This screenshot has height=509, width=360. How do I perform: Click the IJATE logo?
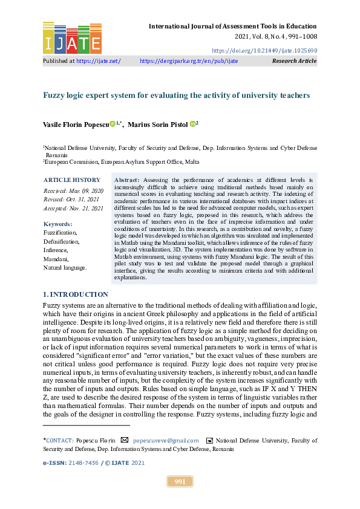[x=72, y=37]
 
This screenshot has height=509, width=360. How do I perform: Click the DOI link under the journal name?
[x=264, y=51]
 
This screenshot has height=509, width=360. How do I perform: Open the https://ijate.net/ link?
[x=99, y=61]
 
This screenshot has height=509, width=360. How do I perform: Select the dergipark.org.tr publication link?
[x=189, y=61]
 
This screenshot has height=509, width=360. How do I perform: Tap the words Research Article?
[x=294, y=61]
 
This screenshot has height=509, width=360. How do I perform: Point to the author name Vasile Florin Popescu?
[x=76, y=125]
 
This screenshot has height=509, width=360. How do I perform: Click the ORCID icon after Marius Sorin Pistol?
[x=192, y=124]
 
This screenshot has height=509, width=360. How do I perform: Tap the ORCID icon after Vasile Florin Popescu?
[x=113, y=124]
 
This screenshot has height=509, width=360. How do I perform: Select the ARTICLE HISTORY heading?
[x=72, y=180]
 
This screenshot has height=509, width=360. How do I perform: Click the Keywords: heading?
[x=58, y=223]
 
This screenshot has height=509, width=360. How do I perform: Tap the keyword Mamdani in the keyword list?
[x=55, y=258]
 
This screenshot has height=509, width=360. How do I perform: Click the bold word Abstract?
[x=126, y=180]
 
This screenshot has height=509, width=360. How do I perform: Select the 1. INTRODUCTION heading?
[x=76, y=294]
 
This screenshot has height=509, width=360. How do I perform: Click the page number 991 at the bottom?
[x=180, y=481]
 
